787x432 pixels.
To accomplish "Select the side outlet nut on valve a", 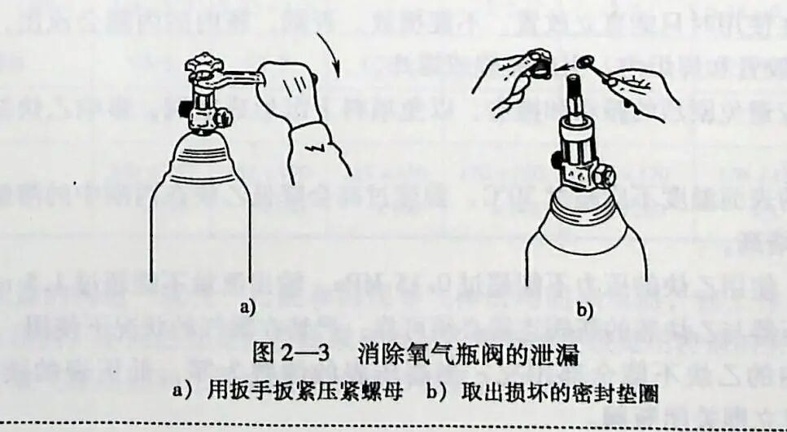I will coord(185,106).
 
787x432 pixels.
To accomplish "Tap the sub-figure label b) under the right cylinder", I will coord(584,310).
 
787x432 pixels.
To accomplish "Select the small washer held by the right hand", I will coord(584,62).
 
